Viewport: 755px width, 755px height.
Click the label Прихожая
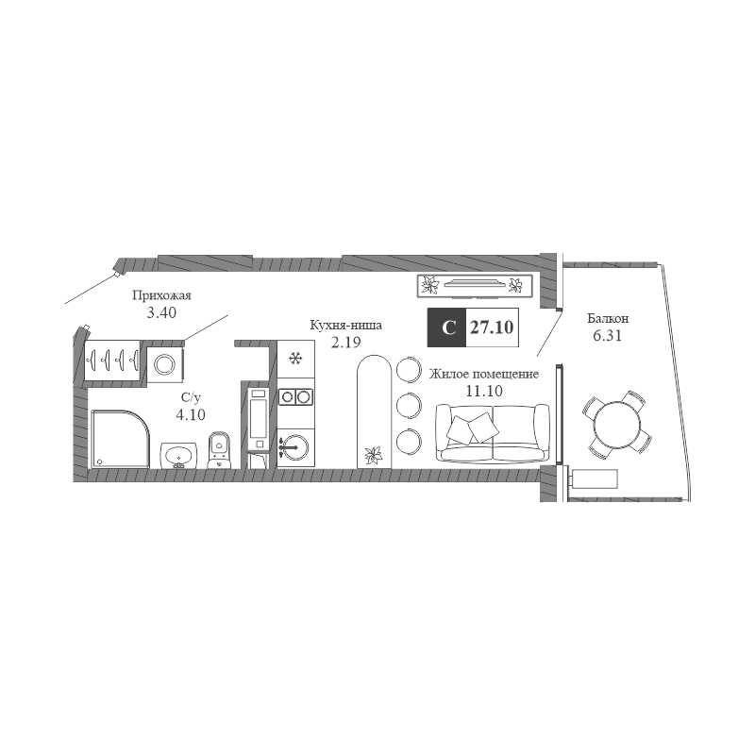point(161,295)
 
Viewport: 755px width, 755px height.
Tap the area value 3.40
point(161,312)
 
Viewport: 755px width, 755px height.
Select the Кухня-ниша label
point(345,325)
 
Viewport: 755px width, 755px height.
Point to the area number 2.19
point(345,343)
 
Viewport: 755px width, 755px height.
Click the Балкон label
point(608,318)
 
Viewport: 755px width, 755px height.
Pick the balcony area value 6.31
point(608,336)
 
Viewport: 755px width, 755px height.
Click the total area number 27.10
point(492,327)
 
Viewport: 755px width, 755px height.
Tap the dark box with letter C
point(446,327)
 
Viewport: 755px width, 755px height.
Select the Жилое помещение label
point(484,374)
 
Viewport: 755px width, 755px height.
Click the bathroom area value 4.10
point(191,414)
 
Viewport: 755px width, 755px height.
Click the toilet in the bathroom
point(220,450)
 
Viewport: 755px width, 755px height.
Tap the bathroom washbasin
point(178,455)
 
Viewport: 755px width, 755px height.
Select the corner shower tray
point(120,439)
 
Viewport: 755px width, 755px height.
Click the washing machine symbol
point(165,364)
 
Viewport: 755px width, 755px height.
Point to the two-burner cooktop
point(295,396)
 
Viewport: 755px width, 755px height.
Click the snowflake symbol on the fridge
point(295,359)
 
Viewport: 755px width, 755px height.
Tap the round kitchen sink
point(294,447)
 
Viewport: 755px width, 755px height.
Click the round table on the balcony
point(617,425)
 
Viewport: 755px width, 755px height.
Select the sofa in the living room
point(492,433)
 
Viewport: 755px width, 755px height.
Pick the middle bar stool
point(409,406)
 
